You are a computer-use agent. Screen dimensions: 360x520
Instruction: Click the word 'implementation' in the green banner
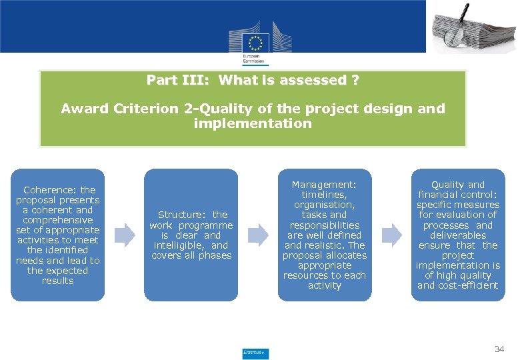[x=252, y=123]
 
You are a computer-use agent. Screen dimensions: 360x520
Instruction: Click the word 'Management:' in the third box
[x=324, y=185]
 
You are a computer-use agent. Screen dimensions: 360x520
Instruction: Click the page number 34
[x=499, y=349]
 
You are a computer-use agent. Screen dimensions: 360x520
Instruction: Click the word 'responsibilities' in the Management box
[x=325, y=225]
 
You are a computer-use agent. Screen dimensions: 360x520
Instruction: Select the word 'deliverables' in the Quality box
[x=458, y=235]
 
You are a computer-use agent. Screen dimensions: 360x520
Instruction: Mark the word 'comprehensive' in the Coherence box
[x=57, y=220]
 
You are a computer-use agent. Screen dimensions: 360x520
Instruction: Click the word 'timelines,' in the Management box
[x=325, y=195]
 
